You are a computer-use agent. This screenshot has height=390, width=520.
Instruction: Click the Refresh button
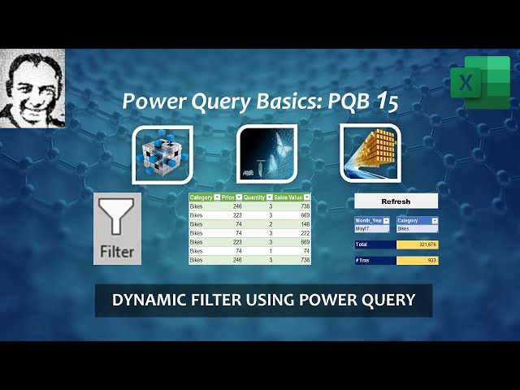click(396, 201)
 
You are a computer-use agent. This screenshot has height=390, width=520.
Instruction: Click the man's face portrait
click(32, 88)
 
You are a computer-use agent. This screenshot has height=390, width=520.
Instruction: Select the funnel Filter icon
click(117, 228)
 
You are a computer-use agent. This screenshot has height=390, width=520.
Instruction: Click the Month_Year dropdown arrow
click(386, 220)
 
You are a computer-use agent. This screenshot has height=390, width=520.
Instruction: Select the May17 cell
click(372, 229)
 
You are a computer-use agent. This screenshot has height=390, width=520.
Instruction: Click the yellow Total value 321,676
click(417, 245)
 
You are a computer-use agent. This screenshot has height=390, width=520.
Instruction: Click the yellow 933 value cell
click(417, 260)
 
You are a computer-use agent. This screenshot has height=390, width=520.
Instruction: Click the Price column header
click(228, 197)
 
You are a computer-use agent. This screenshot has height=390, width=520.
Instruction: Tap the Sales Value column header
click(292, 197)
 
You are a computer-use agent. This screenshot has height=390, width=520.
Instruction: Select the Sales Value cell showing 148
click(292, 224)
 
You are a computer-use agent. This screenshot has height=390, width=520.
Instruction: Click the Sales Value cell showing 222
click(292, 233)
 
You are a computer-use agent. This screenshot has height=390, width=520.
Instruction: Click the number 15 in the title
click(387, 102)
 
